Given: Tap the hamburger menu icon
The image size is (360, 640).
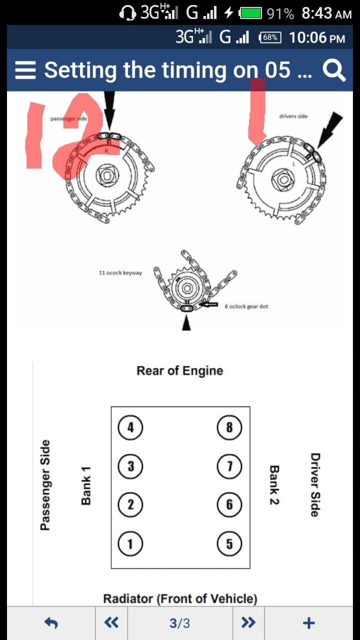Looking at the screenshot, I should tap(25, 70).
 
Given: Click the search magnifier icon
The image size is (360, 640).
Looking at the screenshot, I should tap(333, 70).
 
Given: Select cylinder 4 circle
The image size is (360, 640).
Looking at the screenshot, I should tap(130, 427).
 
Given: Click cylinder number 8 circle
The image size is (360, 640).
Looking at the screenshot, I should tap(229, 427).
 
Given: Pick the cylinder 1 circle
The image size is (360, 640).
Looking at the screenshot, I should tap(130, 543).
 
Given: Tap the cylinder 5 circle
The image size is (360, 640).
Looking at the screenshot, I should tap(229, 543).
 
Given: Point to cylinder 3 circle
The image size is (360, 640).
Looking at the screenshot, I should tap(130, 466).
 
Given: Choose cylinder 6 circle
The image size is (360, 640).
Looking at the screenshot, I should tap(229, 504).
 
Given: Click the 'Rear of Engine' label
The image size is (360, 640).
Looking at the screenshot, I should tap(179, 371).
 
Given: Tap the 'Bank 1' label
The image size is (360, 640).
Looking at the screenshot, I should tap(86, 485).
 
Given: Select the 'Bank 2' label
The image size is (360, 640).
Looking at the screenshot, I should tap(274, 485).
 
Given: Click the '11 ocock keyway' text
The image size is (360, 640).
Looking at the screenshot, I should tap(120, 273).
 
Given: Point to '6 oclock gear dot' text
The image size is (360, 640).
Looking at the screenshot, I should tap(246, 306).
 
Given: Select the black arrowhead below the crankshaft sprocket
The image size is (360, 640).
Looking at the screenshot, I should tap(186, 324).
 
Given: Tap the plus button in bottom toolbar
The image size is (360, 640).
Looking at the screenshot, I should tap(309, 623).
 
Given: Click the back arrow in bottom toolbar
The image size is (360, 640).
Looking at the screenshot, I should tap(51, 623).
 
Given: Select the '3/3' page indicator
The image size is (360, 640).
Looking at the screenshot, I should tap(179, 623).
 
